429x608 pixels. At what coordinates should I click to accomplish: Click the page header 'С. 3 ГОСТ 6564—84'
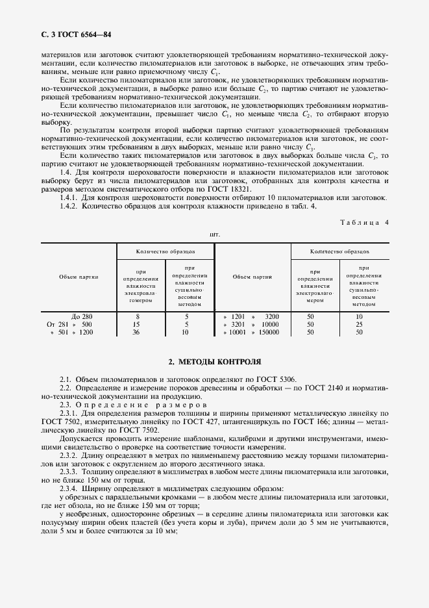click(x=71, y=34)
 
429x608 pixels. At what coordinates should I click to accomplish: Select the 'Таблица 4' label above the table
click(x=364, y=222)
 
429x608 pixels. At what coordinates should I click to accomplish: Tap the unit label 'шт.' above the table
click(x=215, y=234)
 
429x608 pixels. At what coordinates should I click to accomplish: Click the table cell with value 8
click(x=137, y=316)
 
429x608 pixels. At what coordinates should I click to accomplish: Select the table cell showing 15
click(x=137, y=324)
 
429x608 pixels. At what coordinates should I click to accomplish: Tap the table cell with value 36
click(x=137, y=332)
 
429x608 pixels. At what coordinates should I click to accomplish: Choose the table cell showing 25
click(x=359, y=324)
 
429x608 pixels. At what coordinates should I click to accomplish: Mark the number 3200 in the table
click(x=271, y=316)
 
